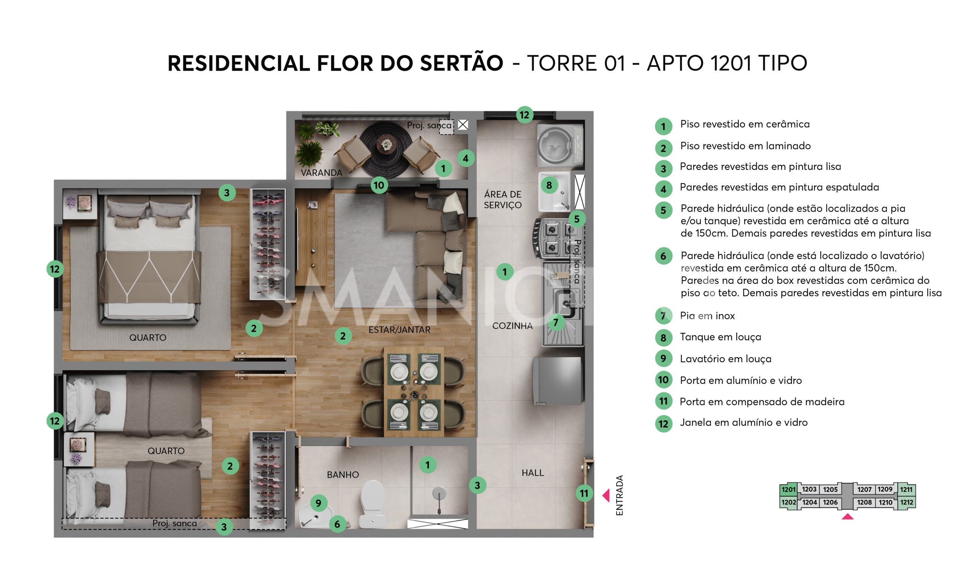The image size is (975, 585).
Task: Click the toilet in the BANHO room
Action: click(x=372, y=503)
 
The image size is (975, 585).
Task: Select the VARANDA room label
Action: click(x=321, y=173)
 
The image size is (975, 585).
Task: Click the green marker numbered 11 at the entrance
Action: click(x=583, y=493)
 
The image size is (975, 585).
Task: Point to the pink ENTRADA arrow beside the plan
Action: click(x=606, y=495)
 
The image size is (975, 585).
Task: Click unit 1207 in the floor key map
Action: click(x=864, y=490)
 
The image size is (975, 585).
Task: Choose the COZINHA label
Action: click(x=512, y=326)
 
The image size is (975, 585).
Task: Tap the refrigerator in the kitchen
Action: click(x=556, y=380)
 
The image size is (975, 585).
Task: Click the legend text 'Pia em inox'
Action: click(x=707, y=316)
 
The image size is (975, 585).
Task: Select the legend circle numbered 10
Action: click(x=663, y=380)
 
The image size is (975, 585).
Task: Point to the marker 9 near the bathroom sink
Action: click(x=318, y=503)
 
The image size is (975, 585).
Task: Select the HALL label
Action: click(x=532, y=473)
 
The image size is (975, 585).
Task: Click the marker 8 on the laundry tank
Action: click(x=548, y=185)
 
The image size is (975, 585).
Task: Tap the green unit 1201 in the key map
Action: click(x=788, y=490)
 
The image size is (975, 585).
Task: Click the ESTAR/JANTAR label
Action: click(x=399, y=330)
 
